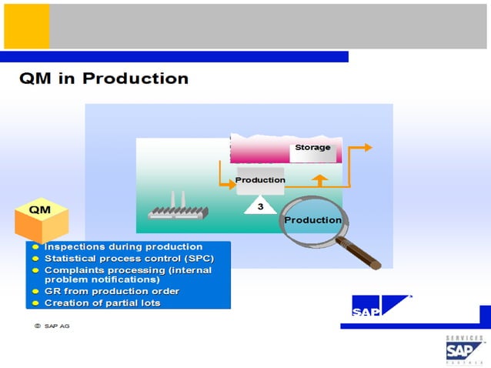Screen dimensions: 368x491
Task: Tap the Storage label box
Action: [x=312, y=148]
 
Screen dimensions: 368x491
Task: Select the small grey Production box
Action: [x=260, y=180]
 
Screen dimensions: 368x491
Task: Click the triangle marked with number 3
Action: [x=260, y=206]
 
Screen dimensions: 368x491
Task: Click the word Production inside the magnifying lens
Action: [x=312, y=220]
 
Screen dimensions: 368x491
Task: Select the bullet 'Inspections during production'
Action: [x=123, y=247]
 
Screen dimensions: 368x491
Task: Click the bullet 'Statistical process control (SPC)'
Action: [x=129, y=258]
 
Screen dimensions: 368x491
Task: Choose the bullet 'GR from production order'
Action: [x=112, y=291]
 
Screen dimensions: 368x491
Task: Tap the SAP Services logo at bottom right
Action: [x=465, y=349]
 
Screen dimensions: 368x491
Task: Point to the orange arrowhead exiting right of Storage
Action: [x=367, y=147]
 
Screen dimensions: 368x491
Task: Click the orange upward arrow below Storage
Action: [x=320, y=180]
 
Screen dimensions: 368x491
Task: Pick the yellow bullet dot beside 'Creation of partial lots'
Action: [x=36, y=303]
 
